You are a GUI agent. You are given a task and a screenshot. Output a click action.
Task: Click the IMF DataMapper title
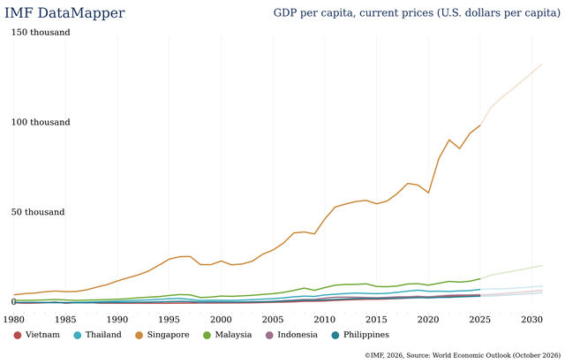click(x=64, y=13)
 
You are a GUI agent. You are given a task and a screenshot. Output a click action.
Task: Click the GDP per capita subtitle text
click(x=417, y=13)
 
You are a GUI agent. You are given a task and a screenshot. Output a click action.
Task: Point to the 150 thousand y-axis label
click(x=41, y=32)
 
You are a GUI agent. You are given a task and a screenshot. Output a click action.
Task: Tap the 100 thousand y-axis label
click(x=41, y=122)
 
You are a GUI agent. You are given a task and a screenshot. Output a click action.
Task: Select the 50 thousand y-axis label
click(x=38, y=212)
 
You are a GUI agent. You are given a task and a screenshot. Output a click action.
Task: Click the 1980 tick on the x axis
click(x=14, y=319)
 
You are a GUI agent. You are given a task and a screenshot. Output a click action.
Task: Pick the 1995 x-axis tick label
click(x=169, y=319)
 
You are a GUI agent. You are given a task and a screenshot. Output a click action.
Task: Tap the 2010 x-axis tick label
click(x=325, y=319)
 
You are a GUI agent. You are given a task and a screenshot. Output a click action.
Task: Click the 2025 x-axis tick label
click(x=480, y=319)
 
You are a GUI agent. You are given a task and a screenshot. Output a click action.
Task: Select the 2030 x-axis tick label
click(x=531, y=319)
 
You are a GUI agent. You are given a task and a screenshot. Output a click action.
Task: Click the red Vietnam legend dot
click(x=18, y=335)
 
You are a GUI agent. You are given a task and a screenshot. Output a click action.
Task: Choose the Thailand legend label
click(x=103, y=335)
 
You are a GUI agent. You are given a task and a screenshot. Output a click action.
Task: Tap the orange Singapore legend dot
click(x=139, y=335)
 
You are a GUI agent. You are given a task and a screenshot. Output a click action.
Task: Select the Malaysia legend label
click(x=233, y=335)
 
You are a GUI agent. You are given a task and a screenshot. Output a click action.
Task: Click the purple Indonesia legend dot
click(x=269, y=335)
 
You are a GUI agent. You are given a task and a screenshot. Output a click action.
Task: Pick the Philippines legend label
click(x=366, y=335)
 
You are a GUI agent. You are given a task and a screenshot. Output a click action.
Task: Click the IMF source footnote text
click(x=463, y=355)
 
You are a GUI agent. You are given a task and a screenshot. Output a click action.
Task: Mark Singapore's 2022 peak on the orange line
click(x=449, y=140)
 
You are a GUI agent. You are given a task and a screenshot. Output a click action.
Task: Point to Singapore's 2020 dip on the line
click(x=428, y=193)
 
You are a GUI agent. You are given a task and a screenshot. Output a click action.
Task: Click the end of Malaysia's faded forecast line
click(x=542, y=266)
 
